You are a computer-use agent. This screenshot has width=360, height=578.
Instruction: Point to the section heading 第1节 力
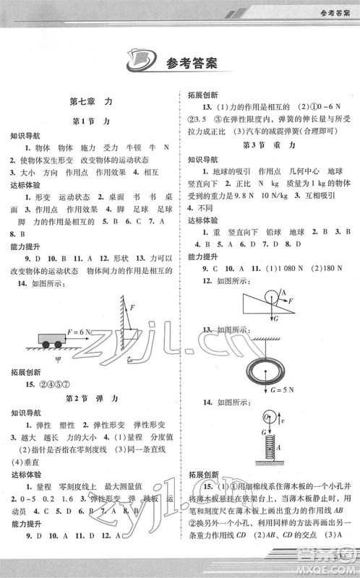[x=91, y=122]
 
